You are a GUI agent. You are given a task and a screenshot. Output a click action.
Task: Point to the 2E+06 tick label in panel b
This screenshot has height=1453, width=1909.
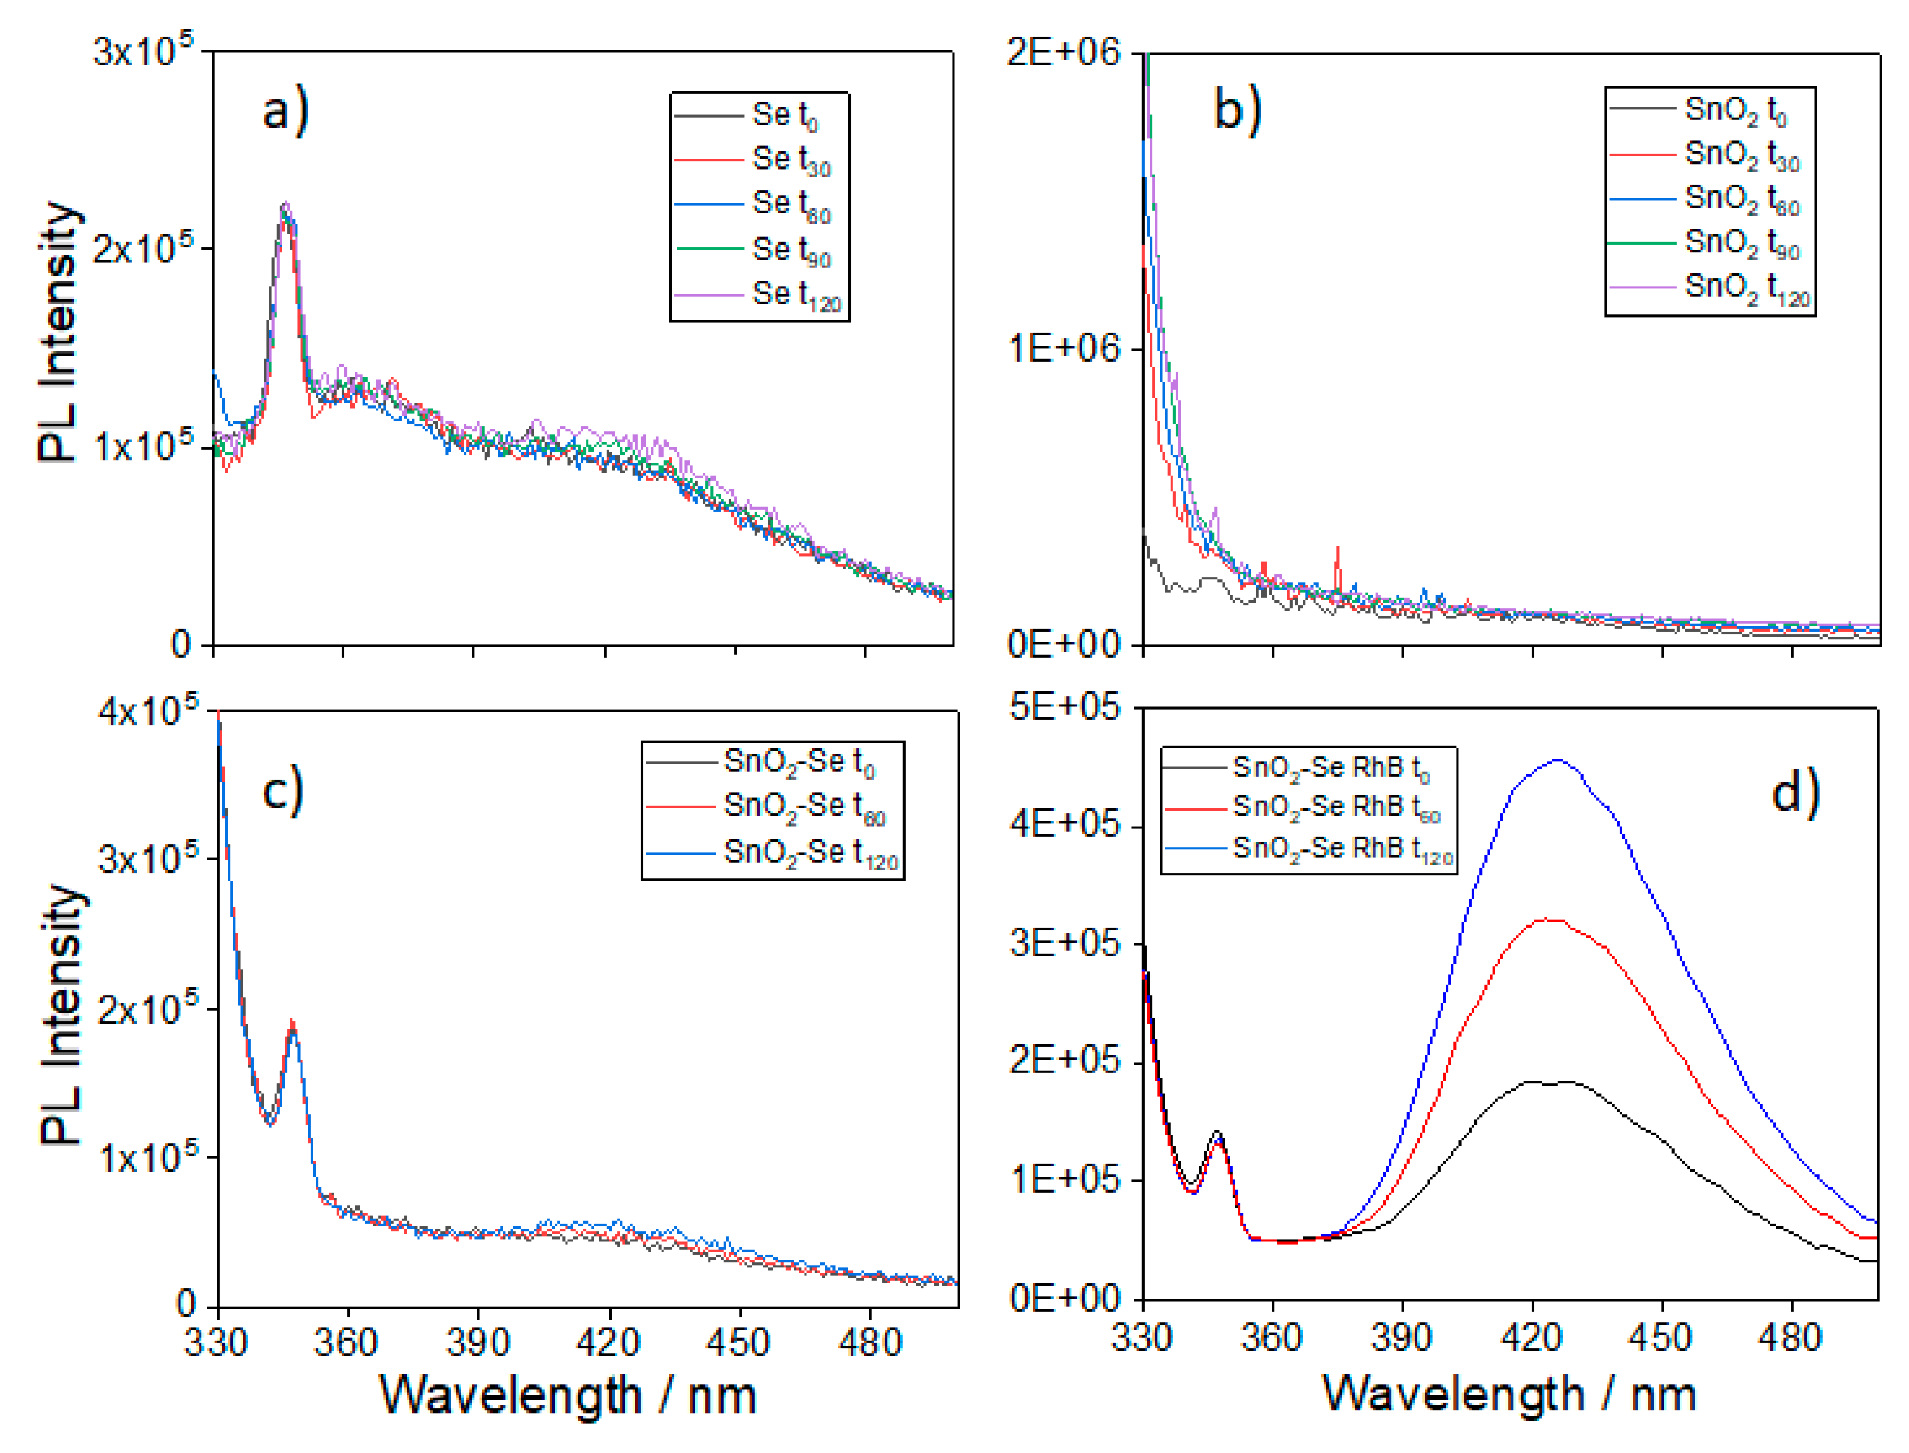[x=1063, y=53]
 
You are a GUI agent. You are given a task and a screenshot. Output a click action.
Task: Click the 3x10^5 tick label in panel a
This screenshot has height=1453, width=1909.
[x=144, y=52]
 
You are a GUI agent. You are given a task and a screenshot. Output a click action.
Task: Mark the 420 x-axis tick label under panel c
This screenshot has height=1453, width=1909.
[x=610, y=1343]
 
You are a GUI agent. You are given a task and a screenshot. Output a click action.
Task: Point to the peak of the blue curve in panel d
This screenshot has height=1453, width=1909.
[x=1558, y=760]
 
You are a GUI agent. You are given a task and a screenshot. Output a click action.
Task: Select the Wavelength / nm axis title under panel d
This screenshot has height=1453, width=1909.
[x=1509, y=1395]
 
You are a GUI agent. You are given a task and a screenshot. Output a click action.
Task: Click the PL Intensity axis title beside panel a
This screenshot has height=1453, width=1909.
[x=59, y=333]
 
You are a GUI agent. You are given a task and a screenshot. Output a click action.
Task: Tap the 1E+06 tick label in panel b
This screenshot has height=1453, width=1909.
[x=1063, y=349]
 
